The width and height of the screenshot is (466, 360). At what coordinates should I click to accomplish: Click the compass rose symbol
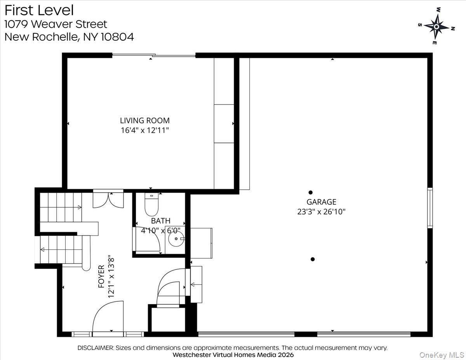pyautogui.click(x=436, y=26)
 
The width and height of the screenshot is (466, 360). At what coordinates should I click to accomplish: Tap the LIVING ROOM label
pyautogui.click(x=144, y=121)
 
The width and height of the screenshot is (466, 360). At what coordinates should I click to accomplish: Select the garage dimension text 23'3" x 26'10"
pyautogui.click(x=321, y=212)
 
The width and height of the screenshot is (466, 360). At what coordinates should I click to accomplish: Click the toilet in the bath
pyautogui.click(x=151, y=205)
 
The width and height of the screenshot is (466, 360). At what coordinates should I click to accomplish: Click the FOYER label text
pyautogui.click(x=101, y=276)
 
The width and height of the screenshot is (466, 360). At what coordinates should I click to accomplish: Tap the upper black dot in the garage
pyautogui.click(x=310, y=192)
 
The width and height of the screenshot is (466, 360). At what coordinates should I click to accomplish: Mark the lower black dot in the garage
pyautogui.click(x=313, y=259)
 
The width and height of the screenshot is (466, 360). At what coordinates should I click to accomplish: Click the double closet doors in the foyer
pyautogui.click(x=108, y=198)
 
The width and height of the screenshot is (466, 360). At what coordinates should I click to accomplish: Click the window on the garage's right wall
pyautogui.click(x=430, y=208)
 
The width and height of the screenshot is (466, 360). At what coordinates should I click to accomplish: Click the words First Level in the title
pyautogui.click(x=39, y=10)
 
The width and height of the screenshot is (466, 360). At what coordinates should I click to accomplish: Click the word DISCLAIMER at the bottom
pyautogui.click(x=95, y=348)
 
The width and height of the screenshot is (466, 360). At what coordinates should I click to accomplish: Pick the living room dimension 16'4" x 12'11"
pyautogui.click(x=144, y=130)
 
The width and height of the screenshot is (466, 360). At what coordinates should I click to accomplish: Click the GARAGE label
pyautogui.click(x=321, y=202)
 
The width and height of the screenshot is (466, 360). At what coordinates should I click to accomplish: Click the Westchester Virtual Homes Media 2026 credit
pyautogui.click(x=233, y=355)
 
